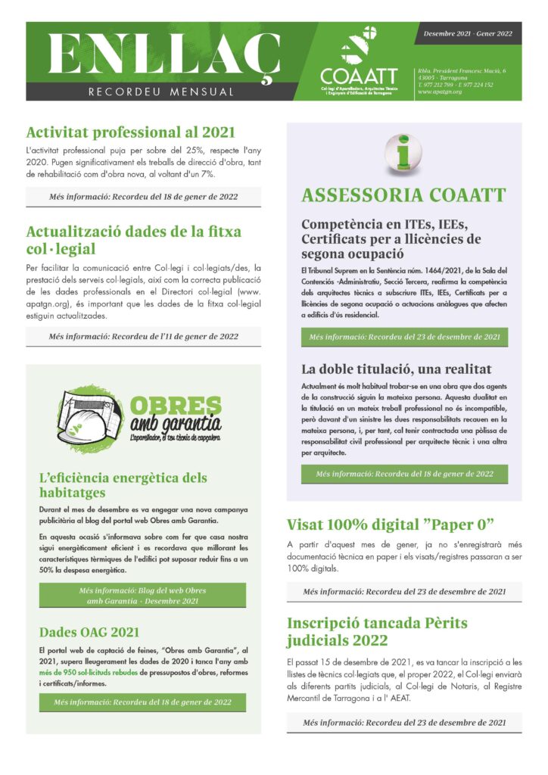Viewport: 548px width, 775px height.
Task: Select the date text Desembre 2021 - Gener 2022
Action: pyautogui.click(x=468, y=33)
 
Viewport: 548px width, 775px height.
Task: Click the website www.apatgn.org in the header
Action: pyautogui.click(x=440, y=92)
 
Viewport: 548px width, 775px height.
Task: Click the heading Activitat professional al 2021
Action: pyautogui.click(x=131, y=132)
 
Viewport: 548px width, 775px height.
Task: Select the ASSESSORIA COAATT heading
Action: pyautogui.click(x=403, y=195)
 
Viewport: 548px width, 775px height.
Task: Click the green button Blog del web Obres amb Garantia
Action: pyautogui.click(x=142, y=595)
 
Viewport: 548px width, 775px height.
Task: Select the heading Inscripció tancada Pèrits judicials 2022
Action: pyautogui.click(x=377, y=633)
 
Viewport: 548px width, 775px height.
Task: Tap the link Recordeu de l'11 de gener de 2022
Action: pyautogui.click(x=143, y=337)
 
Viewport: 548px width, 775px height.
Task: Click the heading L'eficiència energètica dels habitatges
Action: pyautogui.click(x=123, y=485)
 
